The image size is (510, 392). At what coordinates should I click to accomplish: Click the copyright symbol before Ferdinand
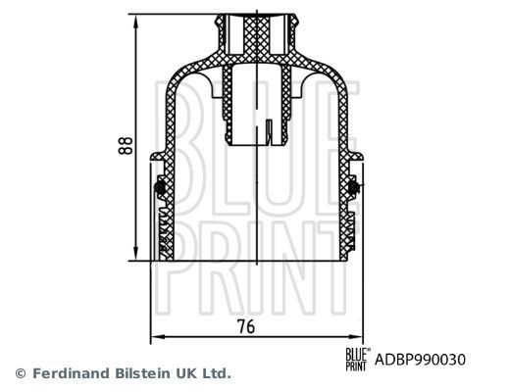(x=20, y=373)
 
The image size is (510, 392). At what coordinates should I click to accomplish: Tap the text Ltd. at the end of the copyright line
(x=218, y=373)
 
